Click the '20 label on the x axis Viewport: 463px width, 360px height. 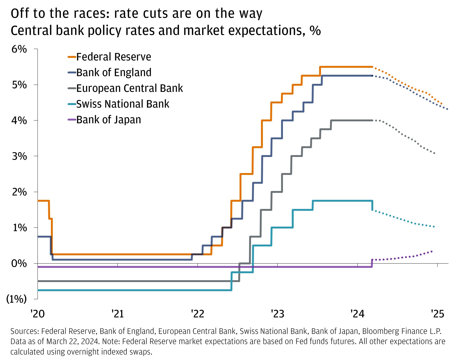[x=38, y=314]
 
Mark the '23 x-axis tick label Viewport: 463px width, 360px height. [x=277, y=314]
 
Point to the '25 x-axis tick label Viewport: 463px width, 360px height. [x=437, y=314]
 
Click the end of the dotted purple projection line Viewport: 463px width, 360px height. [x=432, y=251]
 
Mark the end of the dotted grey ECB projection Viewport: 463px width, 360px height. [x=434, y=153]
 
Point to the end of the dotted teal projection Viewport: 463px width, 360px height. [x=434, y=227]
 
